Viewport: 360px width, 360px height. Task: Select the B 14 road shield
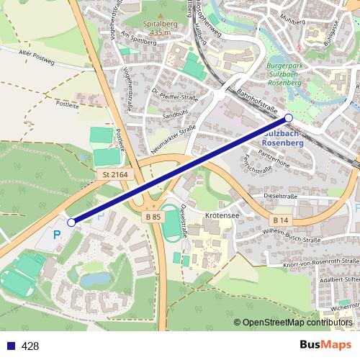(280, 219)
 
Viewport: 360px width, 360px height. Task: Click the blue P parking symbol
(57, 235)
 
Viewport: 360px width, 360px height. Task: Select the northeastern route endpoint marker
(289, 117)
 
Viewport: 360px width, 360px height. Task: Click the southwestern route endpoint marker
(71, 223)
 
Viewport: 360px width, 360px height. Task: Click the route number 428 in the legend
(30, 346)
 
